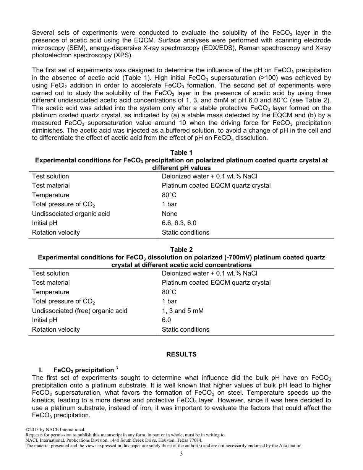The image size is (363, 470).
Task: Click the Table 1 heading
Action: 181,153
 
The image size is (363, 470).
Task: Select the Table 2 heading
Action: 181,250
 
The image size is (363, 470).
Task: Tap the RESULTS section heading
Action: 181,354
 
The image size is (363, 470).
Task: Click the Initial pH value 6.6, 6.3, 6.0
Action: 179,223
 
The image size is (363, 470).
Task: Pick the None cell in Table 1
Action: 170,214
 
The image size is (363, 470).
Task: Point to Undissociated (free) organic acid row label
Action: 79,311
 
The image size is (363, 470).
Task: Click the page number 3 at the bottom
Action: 181,454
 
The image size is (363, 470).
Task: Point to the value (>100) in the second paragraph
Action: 280,78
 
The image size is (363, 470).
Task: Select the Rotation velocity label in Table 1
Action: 56,232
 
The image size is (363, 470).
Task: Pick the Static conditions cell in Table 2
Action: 185,329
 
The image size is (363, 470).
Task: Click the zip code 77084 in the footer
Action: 195,440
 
